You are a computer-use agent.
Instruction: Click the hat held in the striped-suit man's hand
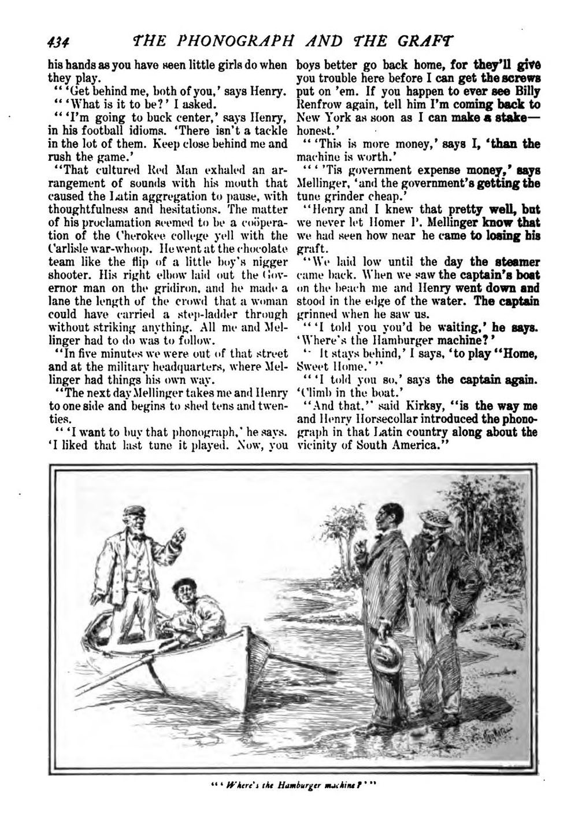click(387, 656)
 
